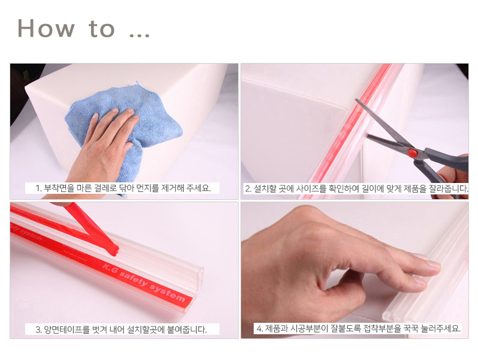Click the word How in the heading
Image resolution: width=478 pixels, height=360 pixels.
point(46,28)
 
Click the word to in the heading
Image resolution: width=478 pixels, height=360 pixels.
point(102,29)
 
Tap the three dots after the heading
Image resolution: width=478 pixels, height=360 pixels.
point(139,35)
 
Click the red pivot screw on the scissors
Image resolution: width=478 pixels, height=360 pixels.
point(413,152)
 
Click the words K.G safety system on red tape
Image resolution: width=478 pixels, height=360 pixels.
point(144,282)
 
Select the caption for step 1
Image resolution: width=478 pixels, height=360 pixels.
point(123,188)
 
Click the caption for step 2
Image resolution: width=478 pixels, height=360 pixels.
point(356,188)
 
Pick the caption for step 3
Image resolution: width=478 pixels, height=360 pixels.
point(121,329)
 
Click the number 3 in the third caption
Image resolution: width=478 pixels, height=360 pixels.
point(38,330)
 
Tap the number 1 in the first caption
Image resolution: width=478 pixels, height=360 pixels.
point(37,188)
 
